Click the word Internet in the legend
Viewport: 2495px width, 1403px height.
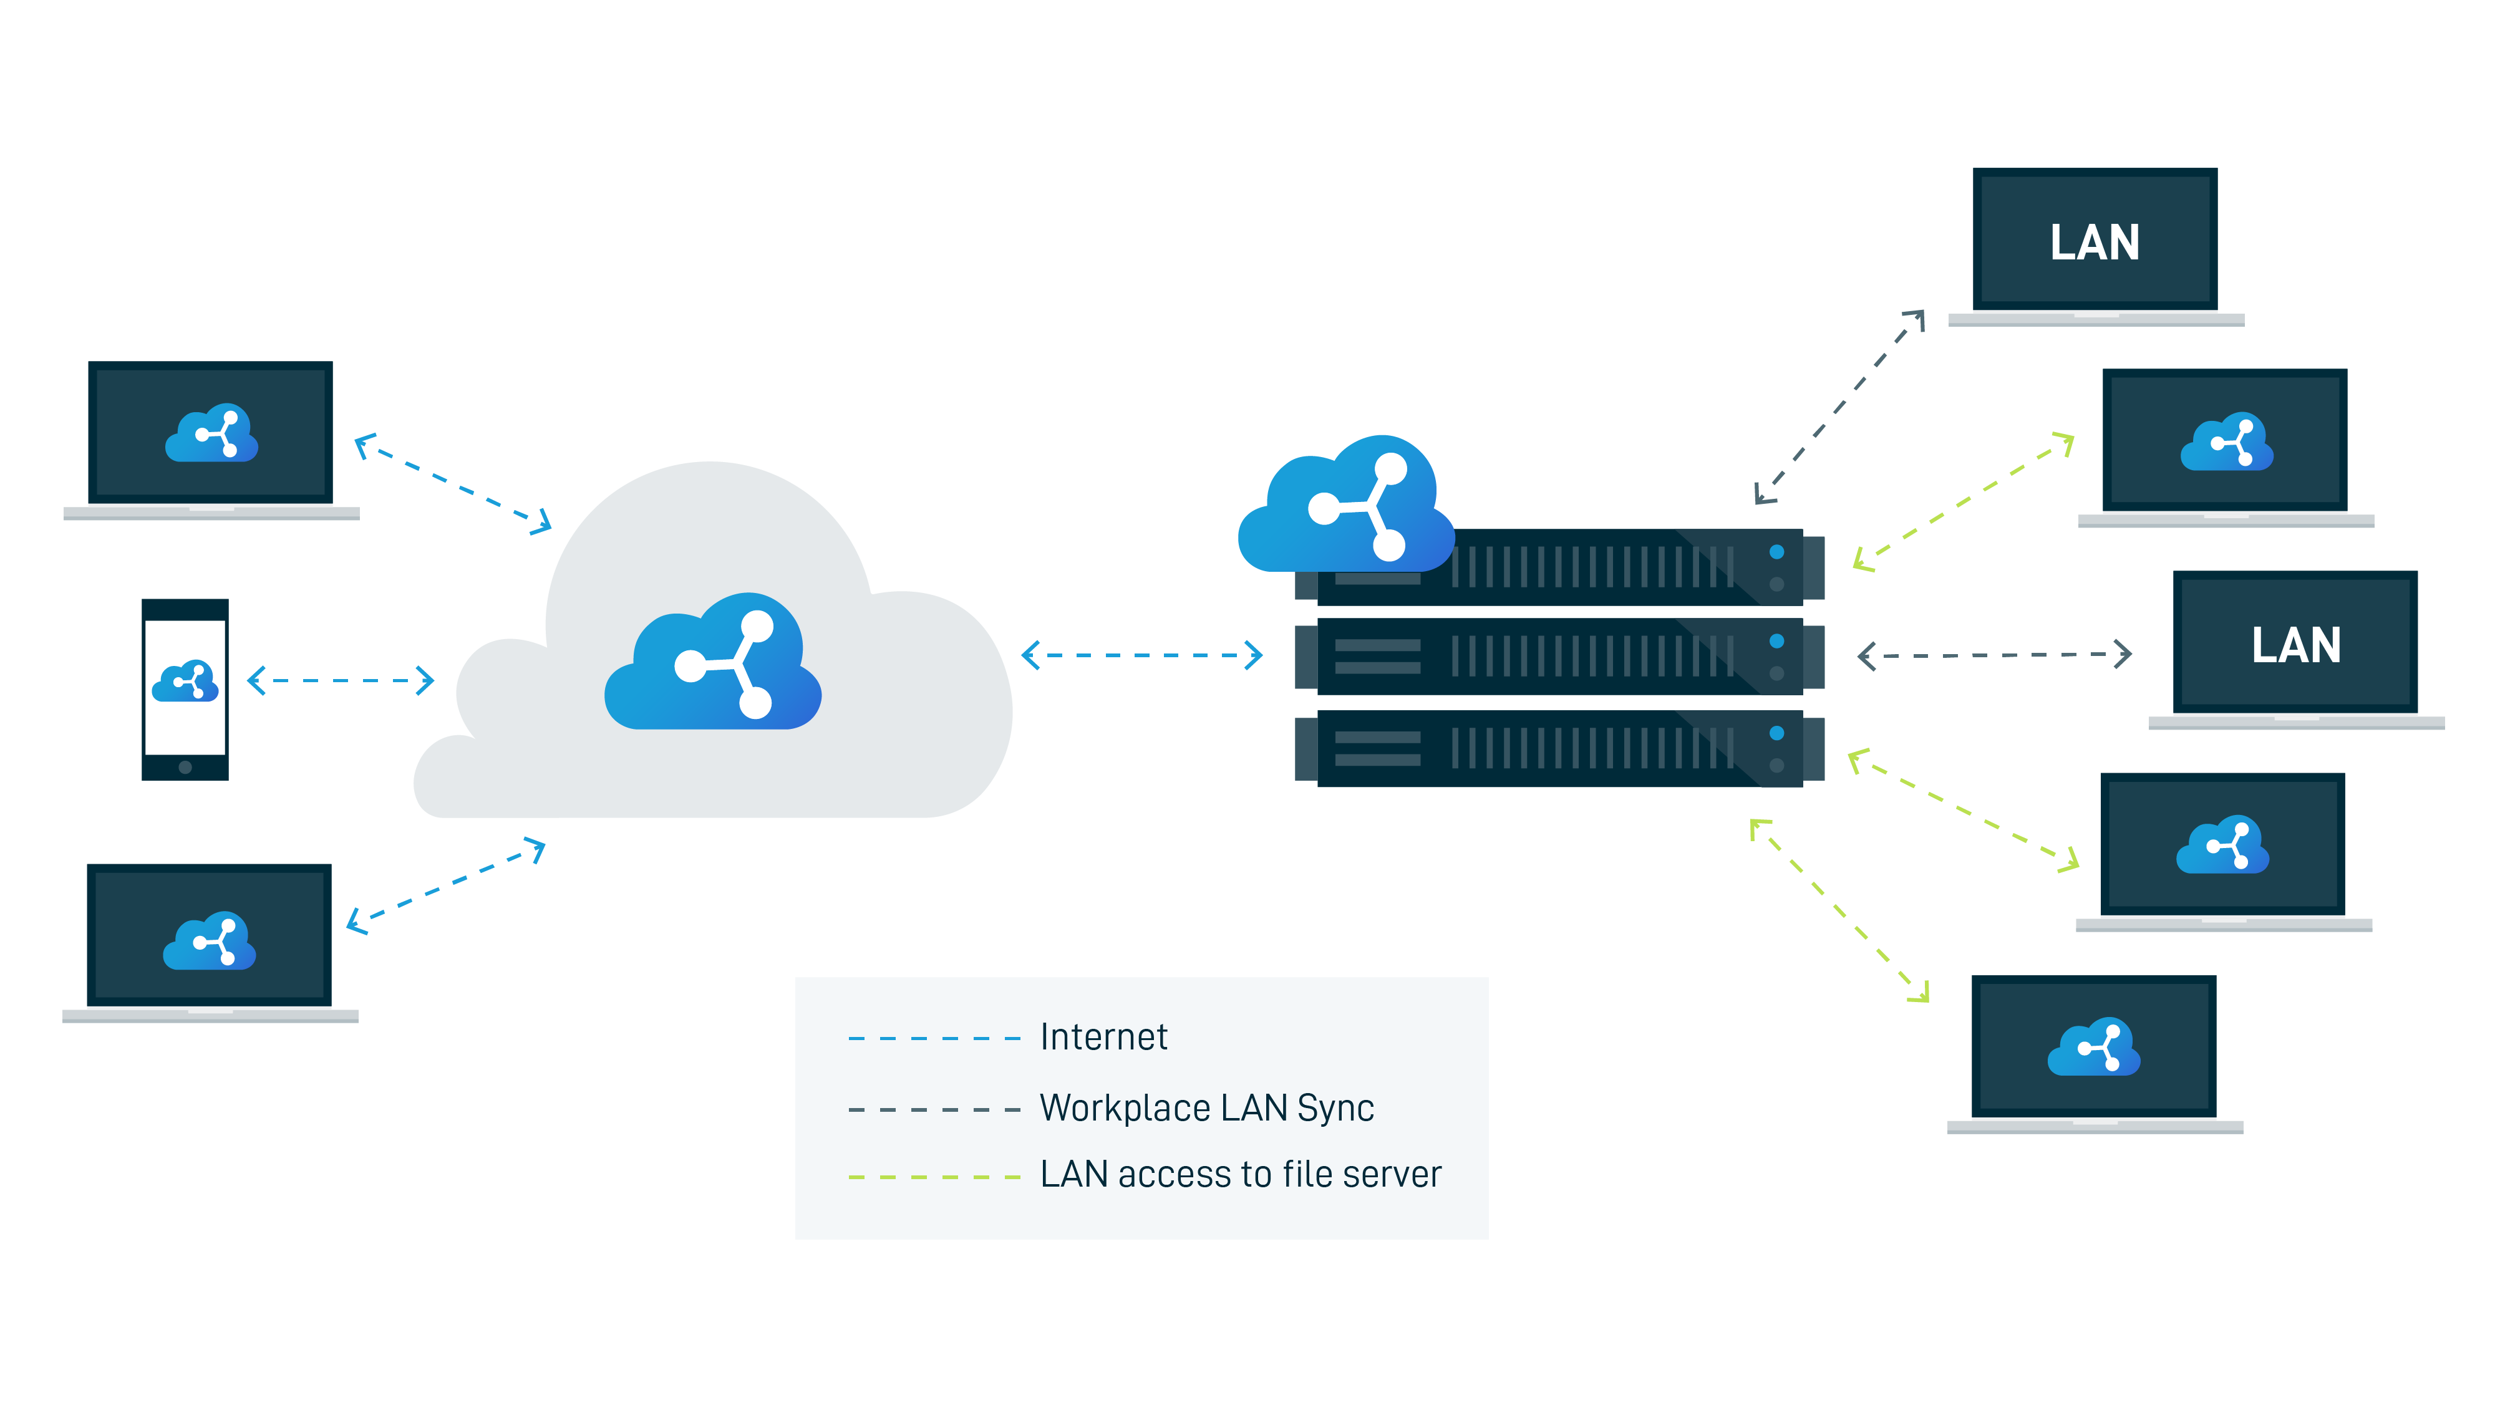[x=1103, y=1037]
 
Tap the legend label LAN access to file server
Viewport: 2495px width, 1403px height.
[x=1240, y=1175]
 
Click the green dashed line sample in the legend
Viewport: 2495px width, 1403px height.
[x=934, y=1177]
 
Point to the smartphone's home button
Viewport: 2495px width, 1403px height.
[x=185, y=767]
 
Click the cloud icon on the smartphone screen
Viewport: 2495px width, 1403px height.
[x=185, y=682]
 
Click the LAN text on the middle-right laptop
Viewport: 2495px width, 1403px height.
[x=2295, y=645]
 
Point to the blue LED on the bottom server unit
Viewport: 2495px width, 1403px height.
[x=1776, y=733]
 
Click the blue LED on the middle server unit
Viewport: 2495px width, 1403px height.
[x=1776, y=641]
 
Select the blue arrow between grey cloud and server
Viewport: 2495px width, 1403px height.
[x=1142, y=655]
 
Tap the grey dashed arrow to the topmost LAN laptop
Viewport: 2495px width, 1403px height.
[x=1839, y=407]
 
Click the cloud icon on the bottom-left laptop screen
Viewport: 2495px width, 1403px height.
[x=209, y=940]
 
